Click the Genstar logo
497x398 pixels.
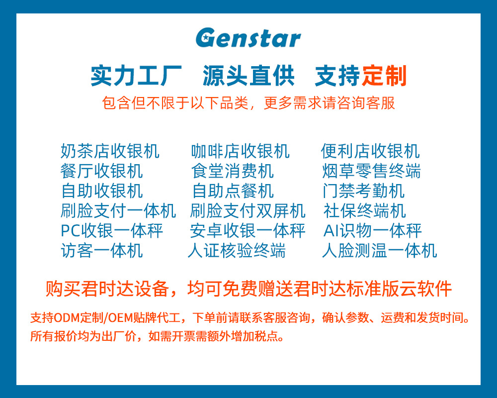[248, 38]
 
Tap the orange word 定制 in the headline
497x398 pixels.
[385, 76]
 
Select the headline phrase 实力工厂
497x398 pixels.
[136, 76]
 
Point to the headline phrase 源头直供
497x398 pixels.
[248, 76]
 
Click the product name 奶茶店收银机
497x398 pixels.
[110, 151]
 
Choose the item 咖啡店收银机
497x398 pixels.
[240, 151]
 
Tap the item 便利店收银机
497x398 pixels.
[370, 151]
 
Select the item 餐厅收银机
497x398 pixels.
[101, 171]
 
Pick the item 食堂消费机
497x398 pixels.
[232, 171]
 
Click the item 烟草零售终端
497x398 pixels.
[371, 171]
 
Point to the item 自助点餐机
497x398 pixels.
[233, 191]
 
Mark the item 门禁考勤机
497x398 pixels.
[363, 191]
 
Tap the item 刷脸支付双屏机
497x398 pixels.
[248, 211]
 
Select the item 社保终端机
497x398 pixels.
[364, 211]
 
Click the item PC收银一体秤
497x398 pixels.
[112, 231]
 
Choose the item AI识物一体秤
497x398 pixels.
[372, 231]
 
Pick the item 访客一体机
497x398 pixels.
[101, 250]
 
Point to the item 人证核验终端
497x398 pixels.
[237, 250]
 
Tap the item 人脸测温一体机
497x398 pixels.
[379, 250]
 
